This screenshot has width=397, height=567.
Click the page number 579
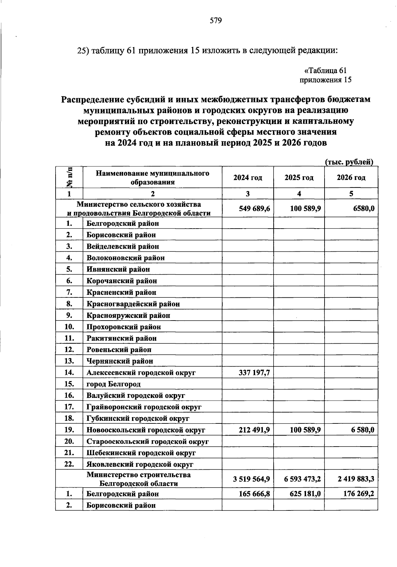215,21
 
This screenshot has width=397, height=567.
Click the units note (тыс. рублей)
349,162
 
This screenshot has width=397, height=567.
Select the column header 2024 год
247,178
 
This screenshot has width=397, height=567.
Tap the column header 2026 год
351,178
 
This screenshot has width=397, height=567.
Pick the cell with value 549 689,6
254,208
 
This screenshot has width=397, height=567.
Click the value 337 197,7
254,373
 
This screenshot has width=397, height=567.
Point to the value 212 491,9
254,430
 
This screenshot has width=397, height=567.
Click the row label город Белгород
113,384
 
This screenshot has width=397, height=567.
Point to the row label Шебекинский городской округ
141,453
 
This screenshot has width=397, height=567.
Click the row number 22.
69,464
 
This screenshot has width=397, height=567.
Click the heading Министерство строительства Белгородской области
139,479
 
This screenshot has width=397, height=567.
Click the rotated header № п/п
69,177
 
